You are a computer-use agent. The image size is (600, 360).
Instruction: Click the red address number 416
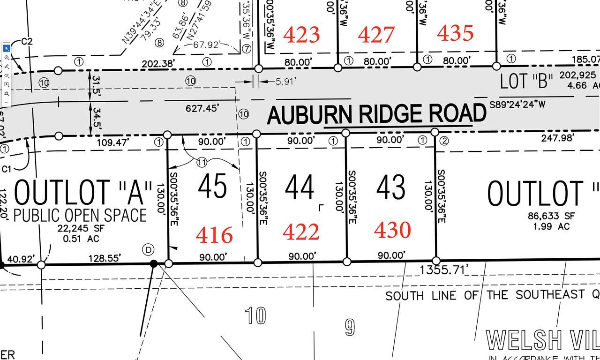point(214,235)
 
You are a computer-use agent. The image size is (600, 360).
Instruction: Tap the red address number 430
point(393,230)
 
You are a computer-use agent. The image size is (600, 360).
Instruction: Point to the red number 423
point(302,35)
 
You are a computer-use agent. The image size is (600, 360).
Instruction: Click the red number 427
point(376,35)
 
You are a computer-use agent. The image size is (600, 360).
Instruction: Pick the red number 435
point(455,33)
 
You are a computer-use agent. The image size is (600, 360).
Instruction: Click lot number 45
point(212,186)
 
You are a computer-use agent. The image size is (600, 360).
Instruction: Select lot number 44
point(300,187)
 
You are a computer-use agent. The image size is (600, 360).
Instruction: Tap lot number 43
point(391,187)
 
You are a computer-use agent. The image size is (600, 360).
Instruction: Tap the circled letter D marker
point(149,250)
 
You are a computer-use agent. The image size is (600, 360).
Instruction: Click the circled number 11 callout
point(202,163)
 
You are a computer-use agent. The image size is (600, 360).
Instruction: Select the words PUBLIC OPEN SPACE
point(80,216)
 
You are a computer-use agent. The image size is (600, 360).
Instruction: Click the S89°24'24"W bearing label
point(517,104)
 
